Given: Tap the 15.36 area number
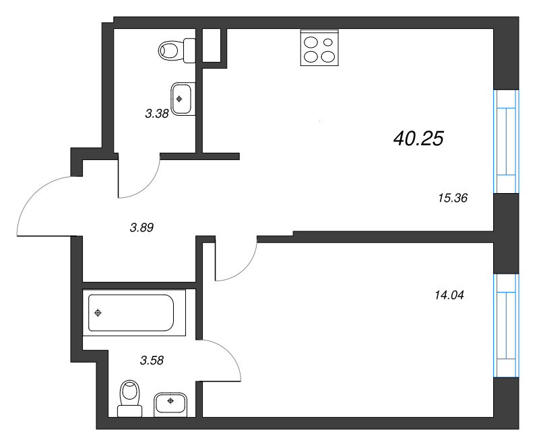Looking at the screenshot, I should pos(452,198).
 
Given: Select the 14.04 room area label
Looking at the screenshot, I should pos(451,294).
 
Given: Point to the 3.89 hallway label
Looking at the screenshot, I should pos(142,227).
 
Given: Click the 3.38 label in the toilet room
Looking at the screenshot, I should pos(156,114).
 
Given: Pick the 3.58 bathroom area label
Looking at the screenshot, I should pos(152,360).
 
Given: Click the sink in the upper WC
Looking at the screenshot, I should pos(182,99).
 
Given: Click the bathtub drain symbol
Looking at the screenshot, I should pos(98,313).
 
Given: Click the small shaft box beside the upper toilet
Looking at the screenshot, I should pos(212,45).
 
